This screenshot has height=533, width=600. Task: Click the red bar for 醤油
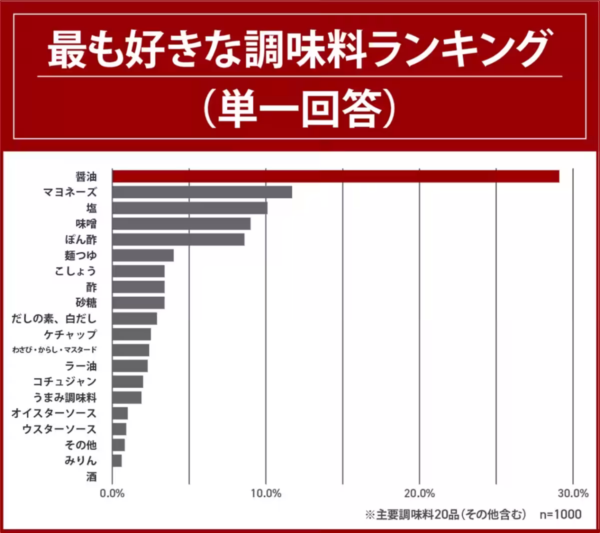[x=335, y=176]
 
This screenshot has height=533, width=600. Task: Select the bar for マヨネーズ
[x=202, y=192]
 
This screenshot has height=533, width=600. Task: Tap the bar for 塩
[x=189, y=208]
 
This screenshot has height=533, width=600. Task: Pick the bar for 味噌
[x=181, y=223]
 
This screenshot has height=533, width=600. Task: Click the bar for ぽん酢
[x=178, y=239]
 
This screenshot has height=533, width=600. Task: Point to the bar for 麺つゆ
[x=143, y=255]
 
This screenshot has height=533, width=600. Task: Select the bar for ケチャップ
[x=131, y=334]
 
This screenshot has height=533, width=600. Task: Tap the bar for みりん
[x=117, y=460]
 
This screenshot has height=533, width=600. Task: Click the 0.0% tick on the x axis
[x=112, y=493]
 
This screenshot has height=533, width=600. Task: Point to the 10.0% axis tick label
[x=266, y=493]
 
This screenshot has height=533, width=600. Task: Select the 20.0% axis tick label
[x=419, y=493]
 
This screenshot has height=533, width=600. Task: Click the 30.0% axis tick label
[x=573, y=493]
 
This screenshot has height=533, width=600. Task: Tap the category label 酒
[x=91, y=476]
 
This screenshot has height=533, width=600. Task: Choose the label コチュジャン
[x=64, y=382]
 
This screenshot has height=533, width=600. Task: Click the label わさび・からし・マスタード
[x=54, y=350]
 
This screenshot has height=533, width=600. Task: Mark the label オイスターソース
[x=54, y=413]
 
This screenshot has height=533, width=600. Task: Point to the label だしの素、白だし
[x=54, y=318]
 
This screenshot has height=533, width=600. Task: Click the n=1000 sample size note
[x=560, y=514]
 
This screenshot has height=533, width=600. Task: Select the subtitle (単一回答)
[x=300, y=109]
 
